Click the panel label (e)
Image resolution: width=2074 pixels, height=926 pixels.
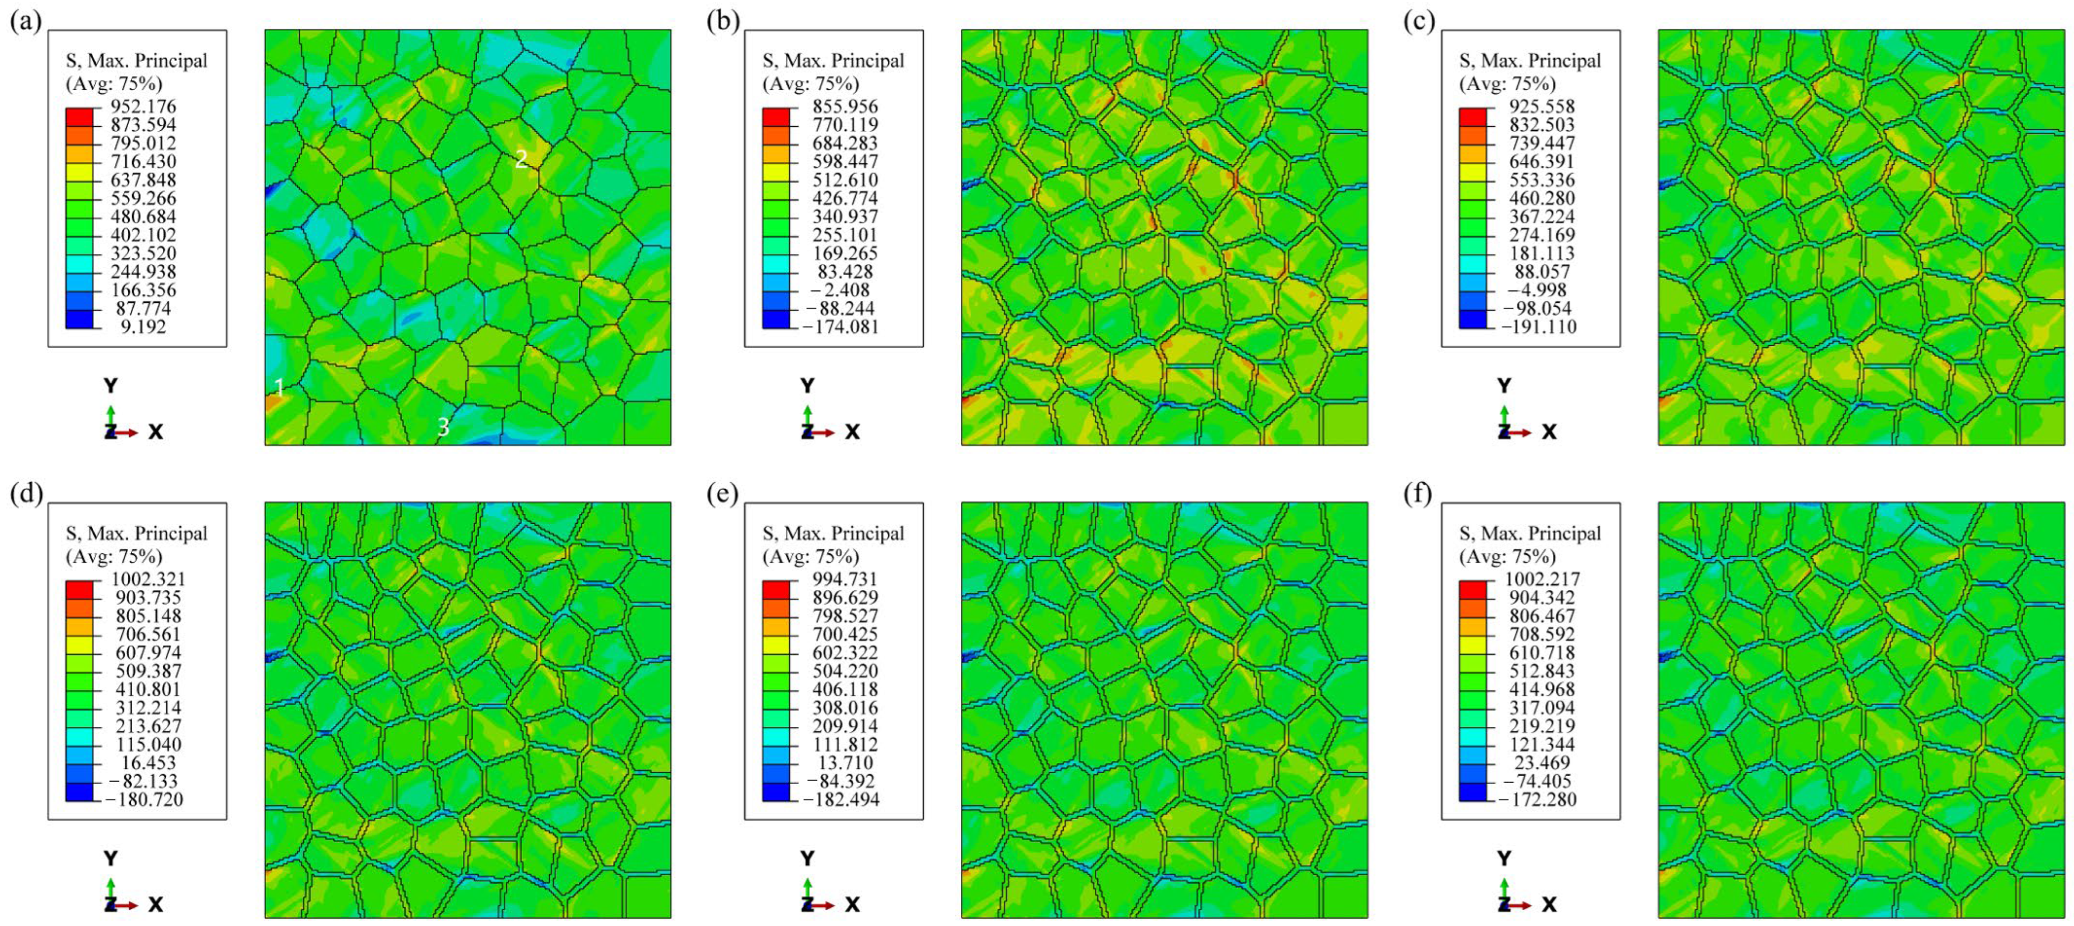pyautogui.click(x=722, y=495)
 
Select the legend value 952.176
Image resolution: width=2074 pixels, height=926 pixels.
pyautogui.click(x=143, y=106)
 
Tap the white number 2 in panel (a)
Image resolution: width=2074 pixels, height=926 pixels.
pyautogui.click(x=521, y=160)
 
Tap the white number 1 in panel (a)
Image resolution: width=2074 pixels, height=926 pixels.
pyautogui.click(x=279, y=387)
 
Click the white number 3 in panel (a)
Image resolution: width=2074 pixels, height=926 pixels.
pyautogui.click(x=443, y=427)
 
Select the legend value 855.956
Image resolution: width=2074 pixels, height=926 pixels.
pyautogui.click(x=845, y=106)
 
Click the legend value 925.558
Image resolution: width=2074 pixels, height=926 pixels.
pyautogui.click(x=1541, y=106)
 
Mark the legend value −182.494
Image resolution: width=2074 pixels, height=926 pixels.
pyautogui.click(x=840, y=800)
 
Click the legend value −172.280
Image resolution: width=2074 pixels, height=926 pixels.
pyautogui.click(x=1537, y=800)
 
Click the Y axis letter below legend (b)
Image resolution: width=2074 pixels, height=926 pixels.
pyautogui.click(x=807, y=386)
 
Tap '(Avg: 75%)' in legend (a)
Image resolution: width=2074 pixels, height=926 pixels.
pyautogui.click(x=113, y=83)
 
